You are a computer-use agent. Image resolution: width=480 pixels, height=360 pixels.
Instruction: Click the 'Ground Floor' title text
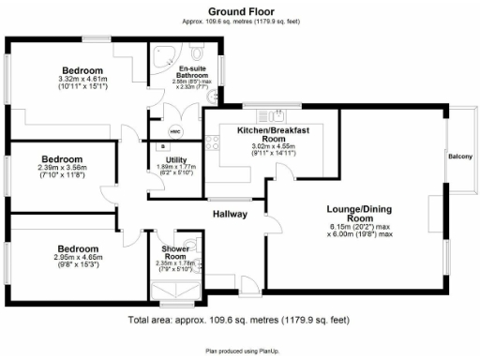coord(240,10)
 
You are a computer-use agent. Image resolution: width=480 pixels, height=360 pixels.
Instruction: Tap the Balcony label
coord(459,156)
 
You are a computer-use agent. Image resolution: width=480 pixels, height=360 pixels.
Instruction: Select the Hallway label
coord(230,214)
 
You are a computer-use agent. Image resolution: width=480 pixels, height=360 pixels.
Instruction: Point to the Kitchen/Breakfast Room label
coord(273,134)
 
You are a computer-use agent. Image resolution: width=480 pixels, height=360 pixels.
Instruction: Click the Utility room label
coord(175,160)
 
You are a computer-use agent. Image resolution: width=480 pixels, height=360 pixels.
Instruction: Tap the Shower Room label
coord(174,251)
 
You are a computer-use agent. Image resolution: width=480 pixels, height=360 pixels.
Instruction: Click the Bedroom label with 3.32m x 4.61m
coord(83,70)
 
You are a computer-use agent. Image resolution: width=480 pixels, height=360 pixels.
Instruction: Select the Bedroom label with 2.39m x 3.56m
coord(61,159)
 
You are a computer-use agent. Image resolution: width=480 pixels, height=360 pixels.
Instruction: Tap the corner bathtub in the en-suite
coord(164,53)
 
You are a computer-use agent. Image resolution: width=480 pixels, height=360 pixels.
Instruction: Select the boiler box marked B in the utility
coord(161,147)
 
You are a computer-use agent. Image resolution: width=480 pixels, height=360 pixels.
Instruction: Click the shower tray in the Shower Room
coord(176,290)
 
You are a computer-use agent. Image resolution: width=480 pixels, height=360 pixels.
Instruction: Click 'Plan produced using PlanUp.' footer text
coord(239,352)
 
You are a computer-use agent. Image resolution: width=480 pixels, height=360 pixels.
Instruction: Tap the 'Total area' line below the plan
coord(239,321)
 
